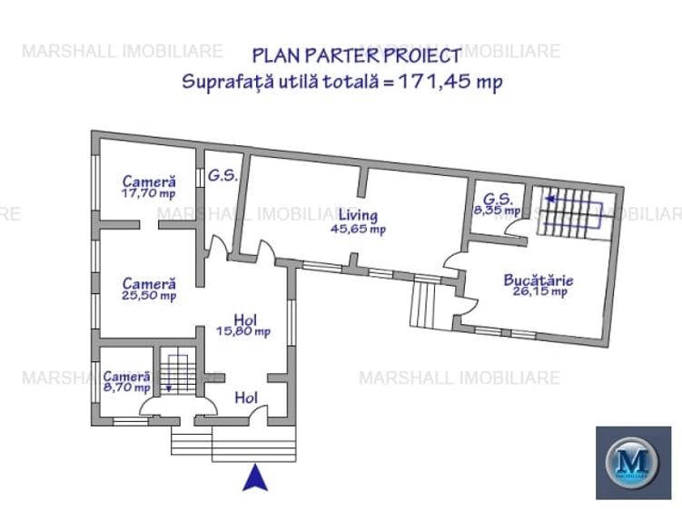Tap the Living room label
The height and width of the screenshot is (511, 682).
click(358, 216)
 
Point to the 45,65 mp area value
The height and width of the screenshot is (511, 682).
click(358, 230)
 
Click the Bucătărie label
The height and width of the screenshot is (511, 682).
click(538, 280)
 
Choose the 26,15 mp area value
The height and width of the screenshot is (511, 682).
click(541, 292)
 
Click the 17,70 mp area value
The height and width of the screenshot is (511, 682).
click(149, 193)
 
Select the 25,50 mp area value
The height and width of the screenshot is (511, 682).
click(149, 296)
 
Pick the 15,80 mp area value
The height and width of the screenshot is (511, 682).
click(242, 331)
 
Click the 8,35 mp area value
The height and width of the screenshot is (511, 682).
click(496, 211)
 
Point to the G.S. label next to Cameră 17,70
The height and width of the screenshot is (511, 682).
click(222, 176)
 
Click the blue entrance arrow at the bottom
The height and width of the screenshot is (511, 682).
click(255, 477)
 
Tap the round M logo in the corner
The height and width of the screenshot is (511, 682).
click(633, 462)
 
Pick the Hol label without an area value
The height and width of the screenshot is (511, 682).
click(246, 398)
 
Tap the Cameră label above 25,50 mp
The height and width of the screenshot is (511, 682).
click(149, 283)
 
